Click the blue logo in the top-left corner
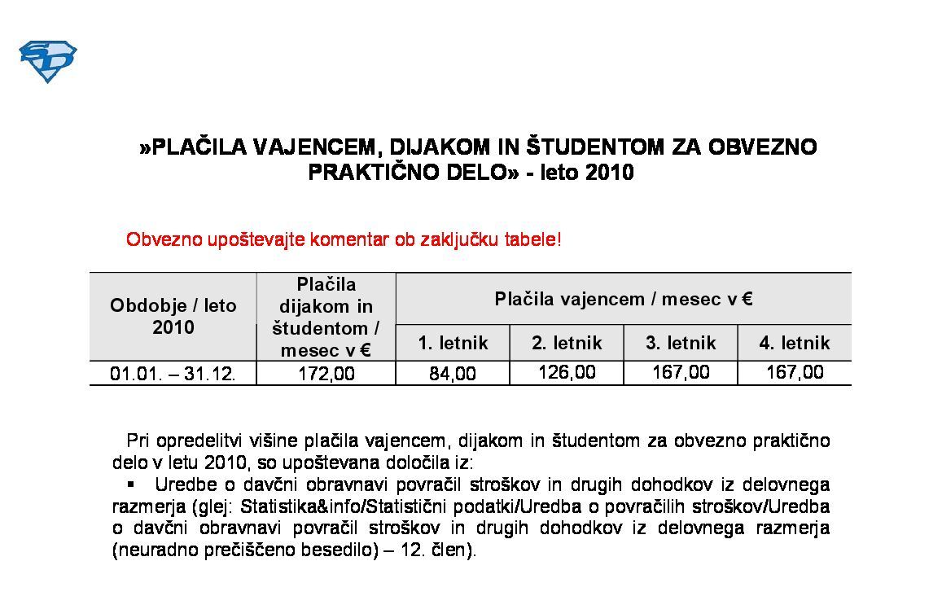(47, 61)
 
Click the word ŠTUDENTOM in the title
(594, 147)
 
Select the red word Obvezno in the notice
(156, 240)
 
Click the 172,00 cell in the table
(326, 374)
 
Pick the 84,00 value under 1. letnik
(452, 374)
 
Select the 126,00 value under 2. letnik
(567, 373)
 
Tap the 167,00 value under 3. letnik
(681, 373)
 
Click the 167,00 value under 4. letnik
(795, 373)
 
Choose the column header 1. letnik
(453, 343)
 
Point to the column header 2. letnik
(567, 343)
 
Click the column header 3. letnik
(681, 343)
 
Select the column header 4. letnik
(795, 343)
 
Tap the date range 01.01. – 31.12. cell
(173, 374)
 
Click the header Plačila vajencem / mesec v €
(623, 299)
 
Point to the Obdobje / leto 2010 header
(173, 316)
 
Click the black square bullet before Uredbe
(129, 484)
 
